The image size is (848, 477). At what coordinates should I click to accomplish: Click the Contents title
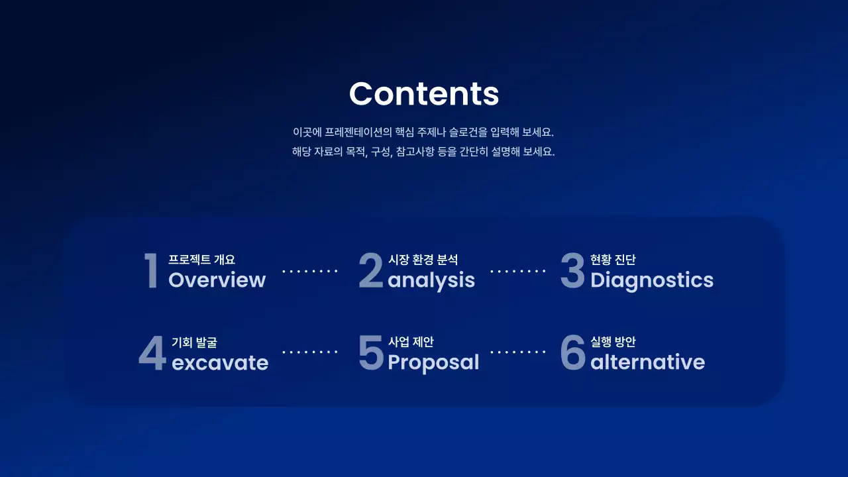point(424,93)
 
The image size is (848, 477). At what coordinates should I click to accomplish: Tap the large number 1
point(152,271)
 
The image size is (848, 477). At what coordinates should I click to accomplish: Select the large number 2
point(371,271)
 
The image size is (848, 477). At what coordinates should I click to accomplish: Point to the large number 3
point(572,271)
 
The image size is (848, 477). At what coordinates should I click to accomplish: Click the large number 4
point(152,354)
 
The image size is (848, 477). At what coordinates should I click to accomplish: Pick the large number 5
point(371,353)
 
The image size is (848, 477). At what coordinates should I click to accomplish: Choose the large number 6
point(572,353)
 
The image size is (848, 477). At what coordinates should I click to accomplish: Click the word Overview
point(217,280)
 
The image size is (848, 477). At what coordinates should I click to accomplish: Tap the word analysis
point(431,281)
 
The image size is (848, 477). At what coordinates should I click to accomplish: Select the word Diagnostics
point(652,280)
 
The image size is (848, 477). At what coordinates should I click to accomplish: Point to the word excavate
point(220,363)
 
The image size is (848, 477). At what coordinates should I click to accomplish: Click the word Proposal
point(433,362)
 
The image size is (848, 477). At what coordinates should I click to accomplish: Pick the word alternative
point(647,362)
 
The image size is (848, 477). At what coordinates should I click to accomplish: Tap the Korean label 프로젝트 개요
point(201,260)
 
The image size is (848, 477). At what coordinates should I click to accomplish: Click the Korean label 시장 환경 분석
point(423,260)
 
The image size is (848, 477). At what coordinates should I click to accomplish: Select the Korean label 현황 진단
point(613,260)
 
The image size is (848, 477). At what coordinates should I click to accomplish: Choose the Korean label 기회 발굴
point(194,343)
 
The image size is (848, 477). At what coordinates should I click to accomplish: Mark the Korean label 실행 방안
point(613,342)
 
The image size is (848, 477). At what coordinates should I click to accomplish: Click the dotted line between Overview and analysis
point(310,271)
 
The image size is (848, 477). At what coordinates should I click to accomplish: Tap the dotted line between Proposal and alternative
point(517,352)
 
